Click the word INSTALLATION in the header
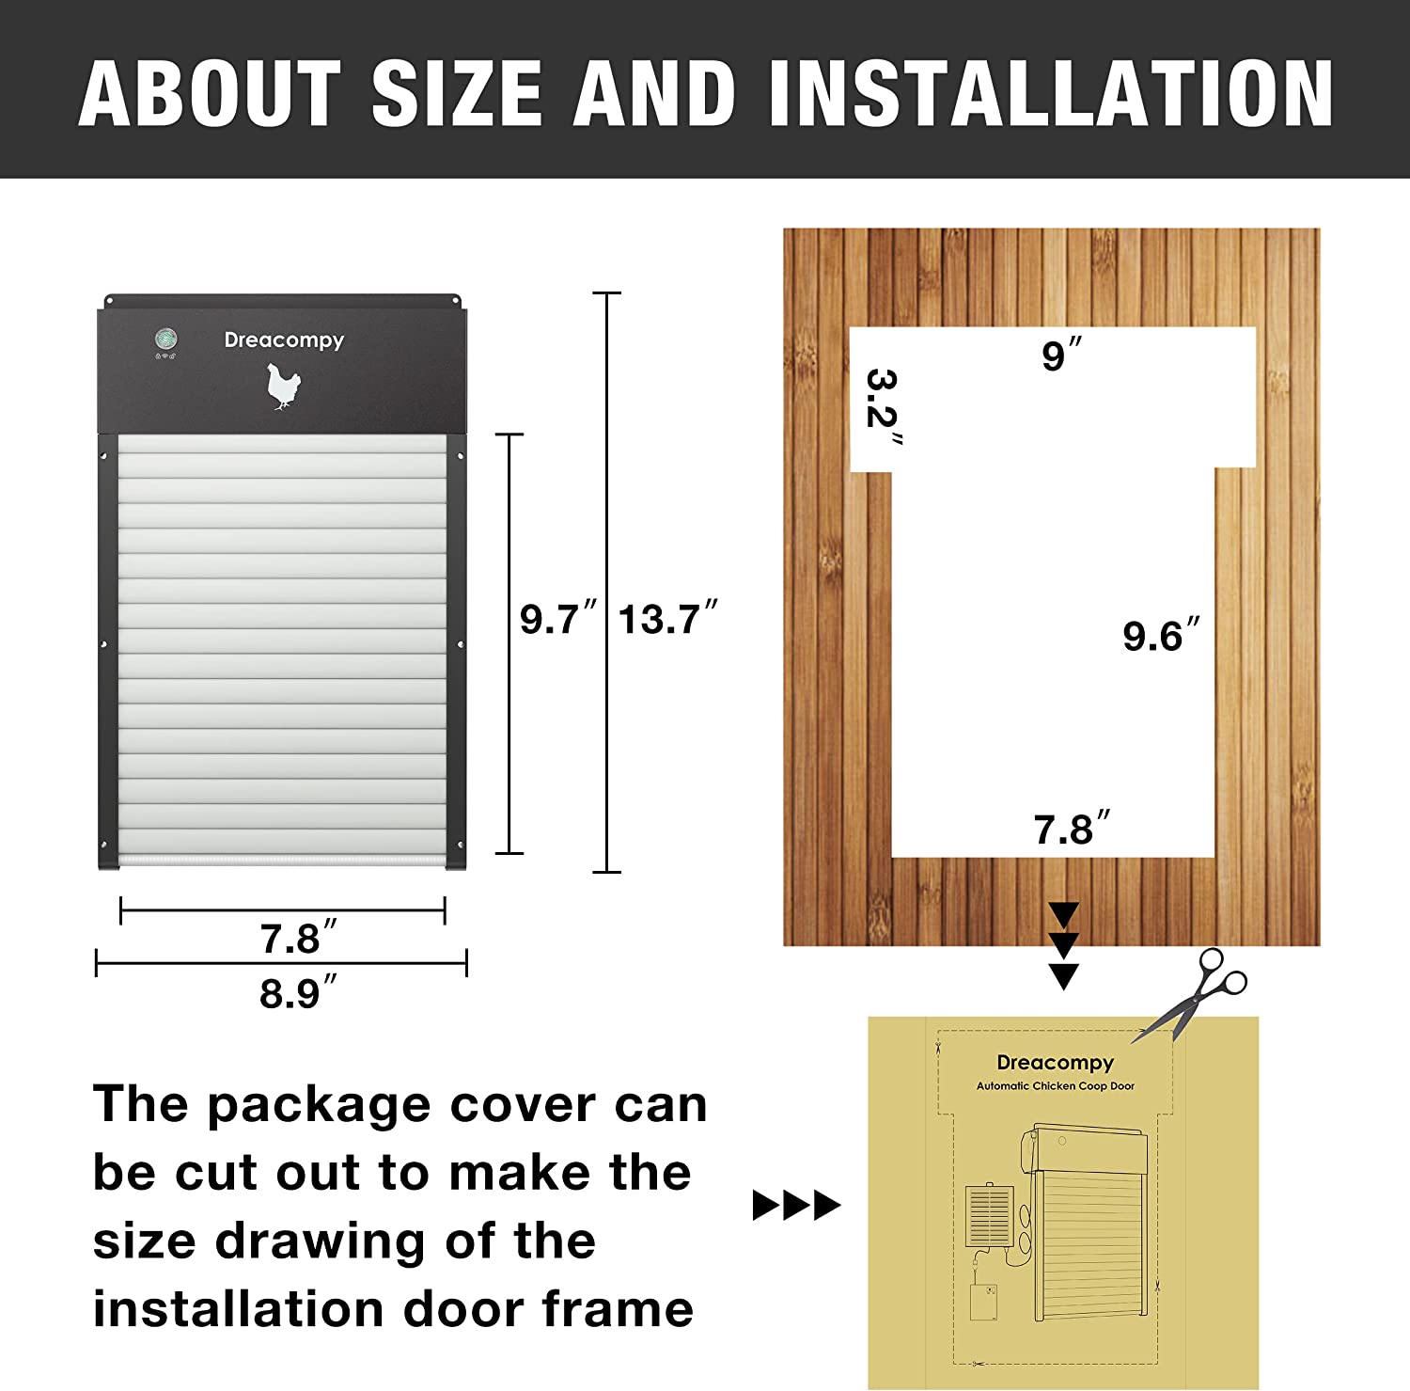(1050, 93)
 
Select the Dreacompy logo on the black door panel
(284, 340)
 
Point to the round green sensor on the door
(166, 340)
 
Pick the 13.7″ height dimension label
(667, 620)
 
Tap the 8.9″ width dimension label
(297, 993)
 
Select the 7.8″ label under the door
(297, 939)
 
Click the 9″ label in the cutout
(1061, 355)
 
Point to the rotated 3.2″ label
(883, 409)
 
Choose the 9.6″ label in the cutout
(1161, 636)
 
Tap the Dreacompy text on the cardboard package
(1055, 1063)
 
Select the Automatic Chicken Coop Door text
(1055, 1086)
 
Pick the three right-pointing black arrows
(796, 1205)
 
